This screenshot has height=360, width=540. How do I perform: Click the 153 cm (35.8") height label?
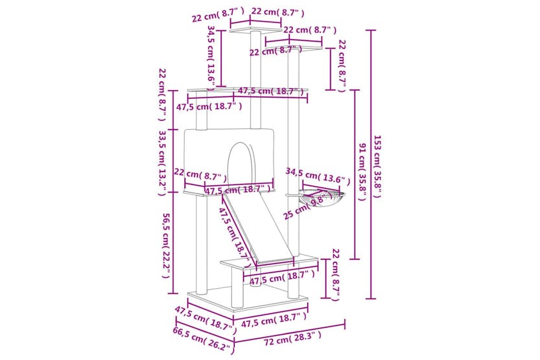[x=378, y=166]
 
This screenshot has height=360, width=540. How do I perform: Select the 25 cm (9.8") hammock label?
[x=303, y=208]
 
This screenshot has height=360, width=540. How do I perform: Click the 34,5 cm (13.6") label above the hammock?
[x=318, y=176]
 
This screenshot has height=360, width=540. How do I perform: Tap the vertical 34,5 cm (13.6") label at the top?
[x=211, y=55]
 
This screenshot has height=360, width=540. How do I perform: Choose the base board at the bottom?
[x=246, y=300]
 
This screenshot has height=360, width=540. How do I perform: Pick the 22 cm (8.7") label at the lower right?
[x=335, y=274]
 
